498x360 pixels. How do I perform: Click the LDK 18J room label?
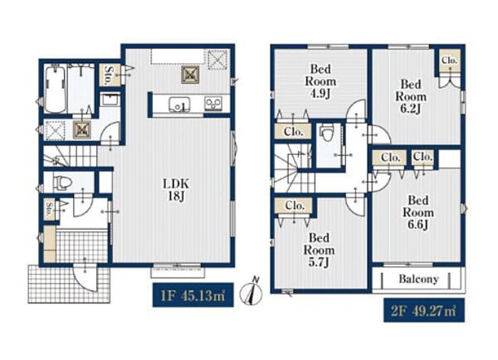point(176,190)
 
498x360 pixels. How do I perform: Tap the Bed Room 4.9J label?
point(320,81)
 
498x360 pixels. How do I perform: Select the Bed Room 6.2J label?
point(411,96)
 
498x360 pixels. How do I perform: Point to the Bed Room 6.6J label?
point(418,212)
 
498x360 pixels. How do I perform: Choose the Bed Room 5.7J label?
point(319,251)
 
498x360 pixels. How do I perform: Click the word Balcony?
point(418,279)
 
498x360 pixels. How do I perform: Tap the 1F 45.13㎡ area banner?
point(193,295)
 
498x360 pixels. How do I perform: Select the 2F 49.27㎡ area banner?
point(424,310)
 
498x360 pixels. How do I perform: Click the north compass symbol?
point(251,292)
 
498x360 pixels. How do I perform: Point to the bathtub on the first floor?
point(55,89)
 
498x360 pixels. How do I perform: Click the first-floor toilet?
point(63,182)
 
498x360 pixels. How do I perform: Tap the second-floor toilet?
point(325,133)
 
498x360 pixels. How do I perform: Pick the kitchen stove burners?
point(213,104)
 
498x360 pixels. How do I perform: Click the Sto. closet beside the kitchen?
point(110,75)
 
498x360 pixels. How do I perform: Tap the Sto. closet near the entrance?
point(49,210)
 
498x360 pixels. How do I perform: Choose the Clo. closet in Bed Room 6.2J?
point(449,60)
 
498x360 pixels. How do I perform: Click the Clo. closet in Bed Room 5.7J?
point(295,206)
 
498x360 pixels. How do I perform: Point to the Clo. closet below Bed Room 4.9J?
point(293,131)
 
